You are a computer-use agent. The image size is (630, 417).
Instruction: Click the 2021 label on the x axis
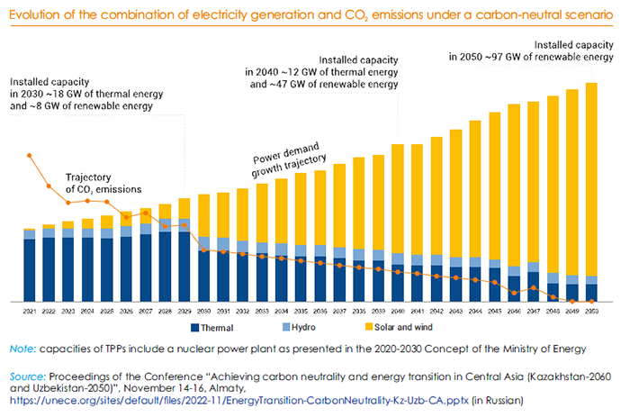30,311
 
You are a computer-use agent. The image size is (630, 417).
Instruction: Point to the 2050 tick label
592,311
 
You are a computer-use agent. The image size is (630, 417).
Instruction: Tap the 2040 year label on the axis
398,311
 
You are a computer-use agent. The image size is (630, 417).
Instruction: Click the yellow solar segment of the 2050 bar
592,180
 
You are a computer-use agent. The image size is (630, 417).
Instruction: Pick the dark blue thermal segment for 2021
30,270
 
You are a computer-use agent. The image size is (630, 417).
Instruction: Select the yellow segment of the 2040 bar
398,198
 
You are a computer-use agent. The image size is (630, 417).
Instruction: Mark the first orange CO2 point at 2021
30,155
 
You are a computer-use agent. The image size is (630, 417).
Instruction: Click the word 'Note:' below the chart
23,348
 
